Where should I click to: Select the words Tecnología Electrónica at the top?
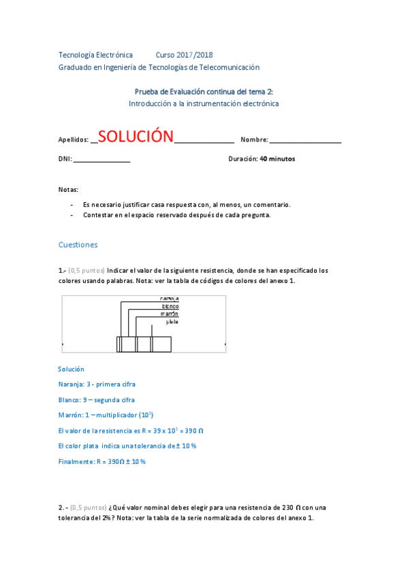click(95, 54)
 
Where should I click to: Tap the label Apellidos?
click(74, 139)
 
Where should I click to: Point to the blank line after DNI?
click(101, 160)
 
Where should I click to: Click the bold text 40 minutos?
click(277, 159)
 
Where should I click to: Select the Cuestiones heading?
click(78, 244)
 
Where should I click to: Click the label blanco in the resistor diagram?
click(170, 306)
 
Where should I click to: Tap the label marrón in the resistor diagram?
click(170, 314)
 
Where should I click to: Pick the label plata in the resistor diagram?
click(172, 322)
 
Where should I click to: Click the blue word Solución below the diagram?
click(72, 369)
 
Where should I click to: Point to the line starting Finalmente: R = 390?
click(102, 461)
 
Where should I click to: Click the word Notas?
click(69, 189)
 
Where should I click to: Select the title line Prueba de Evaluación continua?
click(204, 91)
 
